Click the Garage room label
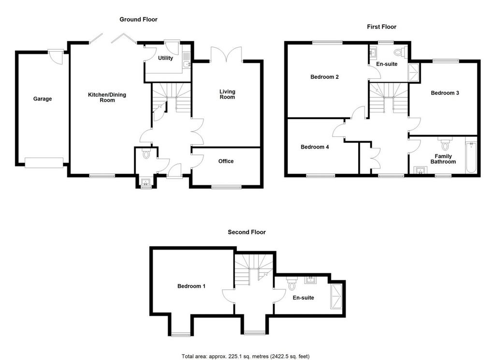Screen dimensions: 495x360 point(43,99)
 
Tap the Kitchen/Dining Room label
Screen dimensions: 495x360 point(107,97)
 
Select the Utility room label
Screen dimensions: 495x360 point(165,58)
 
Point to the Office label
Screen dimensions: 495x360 point(226,161)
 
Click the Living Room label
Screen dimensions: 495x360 point(227,94)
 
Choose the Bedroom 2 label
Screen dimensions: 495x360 point(324,77)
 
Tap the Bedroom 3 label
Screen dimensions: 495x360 point(445,93)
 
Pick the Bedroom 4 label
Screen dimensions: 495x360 point(315,147)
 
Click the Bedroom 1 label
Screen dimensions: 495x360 point(191,286)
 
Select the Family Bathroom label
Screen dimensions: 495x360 point(443,159)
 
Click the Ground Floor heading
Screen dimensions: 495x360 point(138,19)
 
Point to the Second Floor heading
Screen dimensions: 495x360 point(247,232)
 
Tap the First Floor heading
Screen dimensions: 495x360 point(381,27)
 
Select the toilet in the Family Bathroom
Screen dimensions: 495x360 point(445,144)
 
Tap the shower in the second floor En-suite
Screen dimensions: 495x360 point(336,297)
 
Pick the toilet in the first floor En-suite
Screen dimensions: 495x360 point(401,52)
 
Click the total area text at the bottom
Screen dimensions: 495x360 point(245,357)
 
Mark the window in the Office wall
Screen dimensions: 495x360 point(226,187)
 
